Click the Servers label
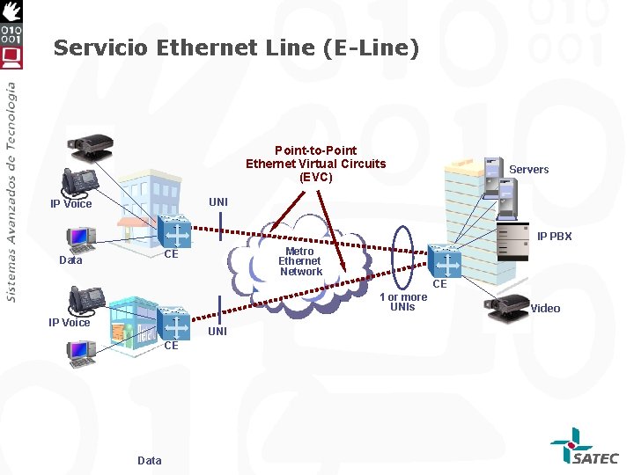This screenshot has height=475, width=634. pos(528,169)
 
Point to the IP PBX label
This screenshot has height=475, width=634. pos(555,237)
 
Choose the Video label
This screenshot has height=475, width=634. pos(545,308)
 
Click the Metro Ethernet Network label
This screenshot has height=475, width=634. pos(299,261)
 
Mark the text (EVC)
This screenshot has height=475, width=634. pos(315,176)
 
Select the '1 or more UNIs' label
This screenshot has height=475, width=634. pos(402,302)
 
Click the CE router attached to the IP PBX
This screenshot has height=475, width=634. pos(446,263)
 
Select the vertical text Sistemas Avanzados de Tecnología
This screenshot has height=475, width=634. pos(11,192)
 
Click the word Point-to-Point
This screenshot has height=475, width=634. pos(315,150)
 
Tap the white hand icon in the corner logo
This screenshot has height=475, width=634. pos(11,11)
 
